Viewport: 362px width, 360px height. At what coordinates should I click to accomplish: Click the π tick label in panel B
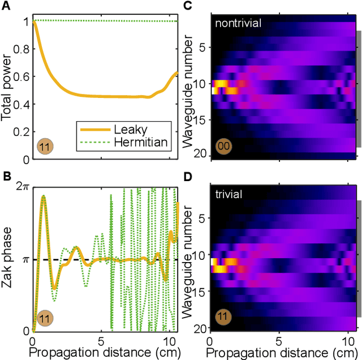pyautogui.click(x=24, y=260)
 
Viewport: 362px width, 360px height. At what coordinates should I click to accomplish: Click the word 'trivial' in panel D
pyautogui.click(x=229, y=195)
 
